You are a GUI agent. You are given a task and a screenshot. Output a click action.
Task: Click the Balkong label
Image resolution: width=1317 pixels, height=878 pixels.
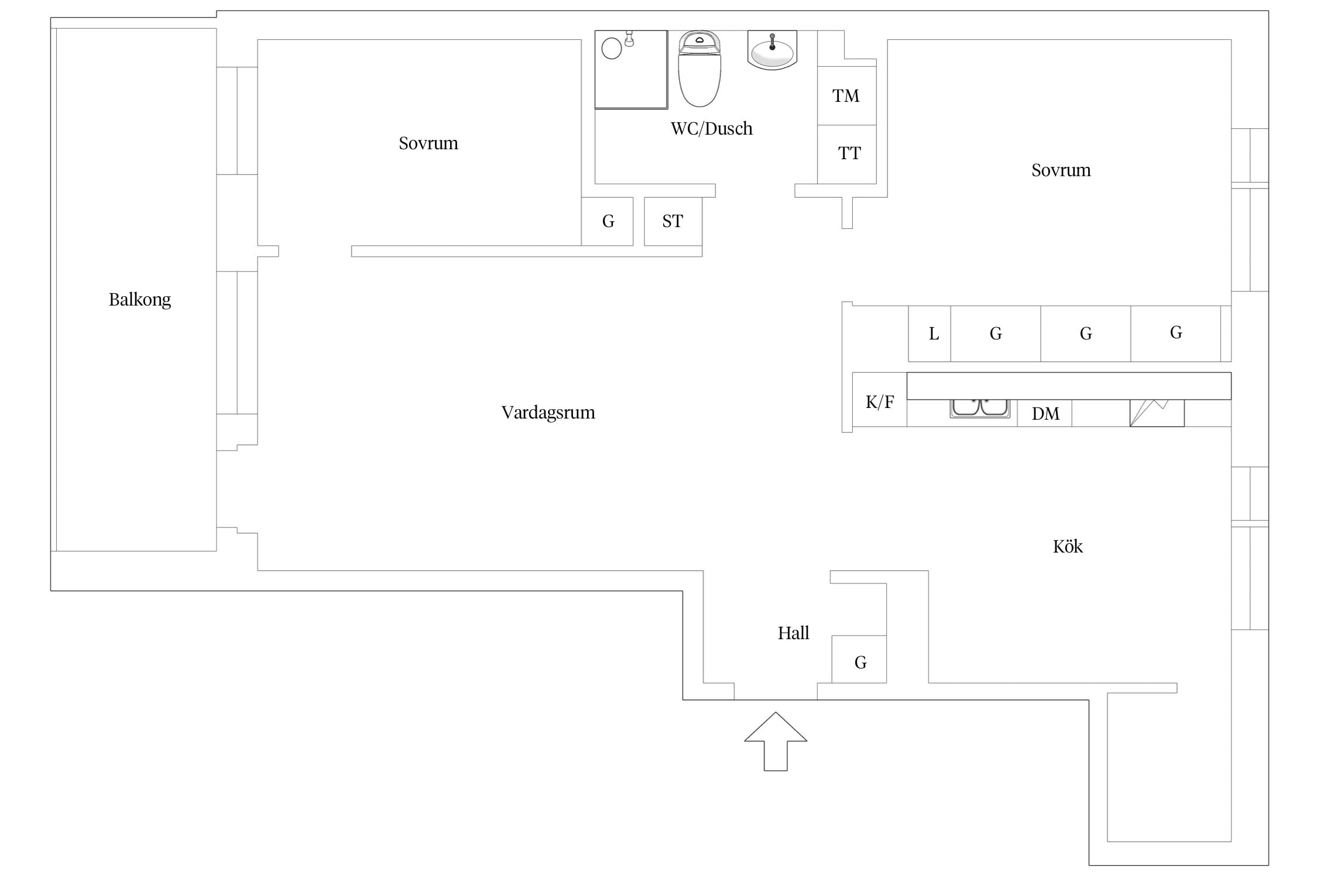(140, 300)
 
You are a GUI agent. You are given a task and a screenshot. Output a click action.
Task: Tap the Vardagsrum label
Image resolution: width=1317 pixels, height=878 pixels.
(548, 413)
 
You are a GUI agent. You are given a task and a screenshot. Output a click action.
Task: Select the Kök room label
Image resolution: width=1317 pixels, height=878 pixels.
(1068, 546)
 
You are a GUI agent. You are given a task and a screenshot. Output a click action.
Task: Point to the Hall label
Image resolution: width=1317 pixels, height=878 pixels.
(793, 633)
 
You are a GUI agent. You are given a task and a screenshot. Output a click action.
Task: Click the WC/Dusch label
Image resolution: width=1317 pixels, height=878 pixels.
(711, 129)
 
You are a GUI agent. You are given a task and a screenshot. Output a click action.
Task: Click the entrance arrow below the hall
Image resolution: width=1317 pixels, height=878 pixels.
(776, 741)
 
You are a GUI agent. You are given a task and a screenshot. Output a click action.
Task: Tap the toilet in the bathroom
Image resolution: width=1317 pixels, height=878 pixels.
(699, 68)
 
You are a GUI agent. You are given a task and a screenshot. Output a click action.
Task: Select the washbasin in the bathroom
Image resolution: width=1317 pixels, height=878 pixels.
(772, 50)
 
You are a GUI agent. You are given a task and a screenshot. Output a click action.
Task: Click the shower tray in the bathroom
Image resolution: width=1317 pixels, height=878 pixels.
(631, 70)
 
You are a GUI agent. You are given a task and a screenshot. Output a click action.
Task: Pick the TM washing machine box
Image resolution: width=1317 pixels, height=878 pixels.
(846, 95)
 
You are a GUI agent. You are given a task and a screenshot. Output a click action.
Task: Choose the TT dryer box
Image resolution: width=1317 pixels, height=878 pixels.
(846, 155)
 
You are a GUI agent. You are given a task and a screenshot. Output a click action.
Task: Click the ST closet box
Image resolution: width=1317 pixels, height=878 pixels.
(673, 221)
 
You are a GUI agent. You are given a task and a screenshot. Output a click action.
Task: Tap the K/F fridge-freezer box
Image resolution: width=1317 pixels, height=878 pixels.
(880, 400)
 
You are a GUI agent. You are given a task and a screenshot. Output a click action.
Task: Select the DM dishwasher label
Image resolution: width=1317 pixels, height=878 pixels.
(1045, 414)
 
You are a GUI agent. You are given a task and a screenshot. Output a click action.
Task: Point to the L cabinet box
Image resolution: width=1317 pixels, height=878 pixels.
(930, 334)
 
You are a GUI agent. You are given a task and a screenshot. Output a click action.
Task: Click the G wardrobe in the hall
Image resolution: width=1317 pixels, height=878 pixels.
(859, 659)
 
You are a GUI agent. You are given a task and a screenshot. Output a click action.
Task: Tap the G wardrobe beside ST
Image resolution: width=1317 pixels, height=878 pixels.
(608, 221)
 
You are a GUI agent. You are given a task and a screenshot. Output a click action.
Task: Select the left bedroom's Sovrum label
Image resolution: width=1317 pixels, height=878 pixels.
(428, 143)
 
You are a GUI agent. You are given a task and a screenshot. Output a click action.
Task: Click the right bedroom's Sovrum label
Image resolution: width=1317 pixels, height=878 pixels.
(1061, 170)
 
